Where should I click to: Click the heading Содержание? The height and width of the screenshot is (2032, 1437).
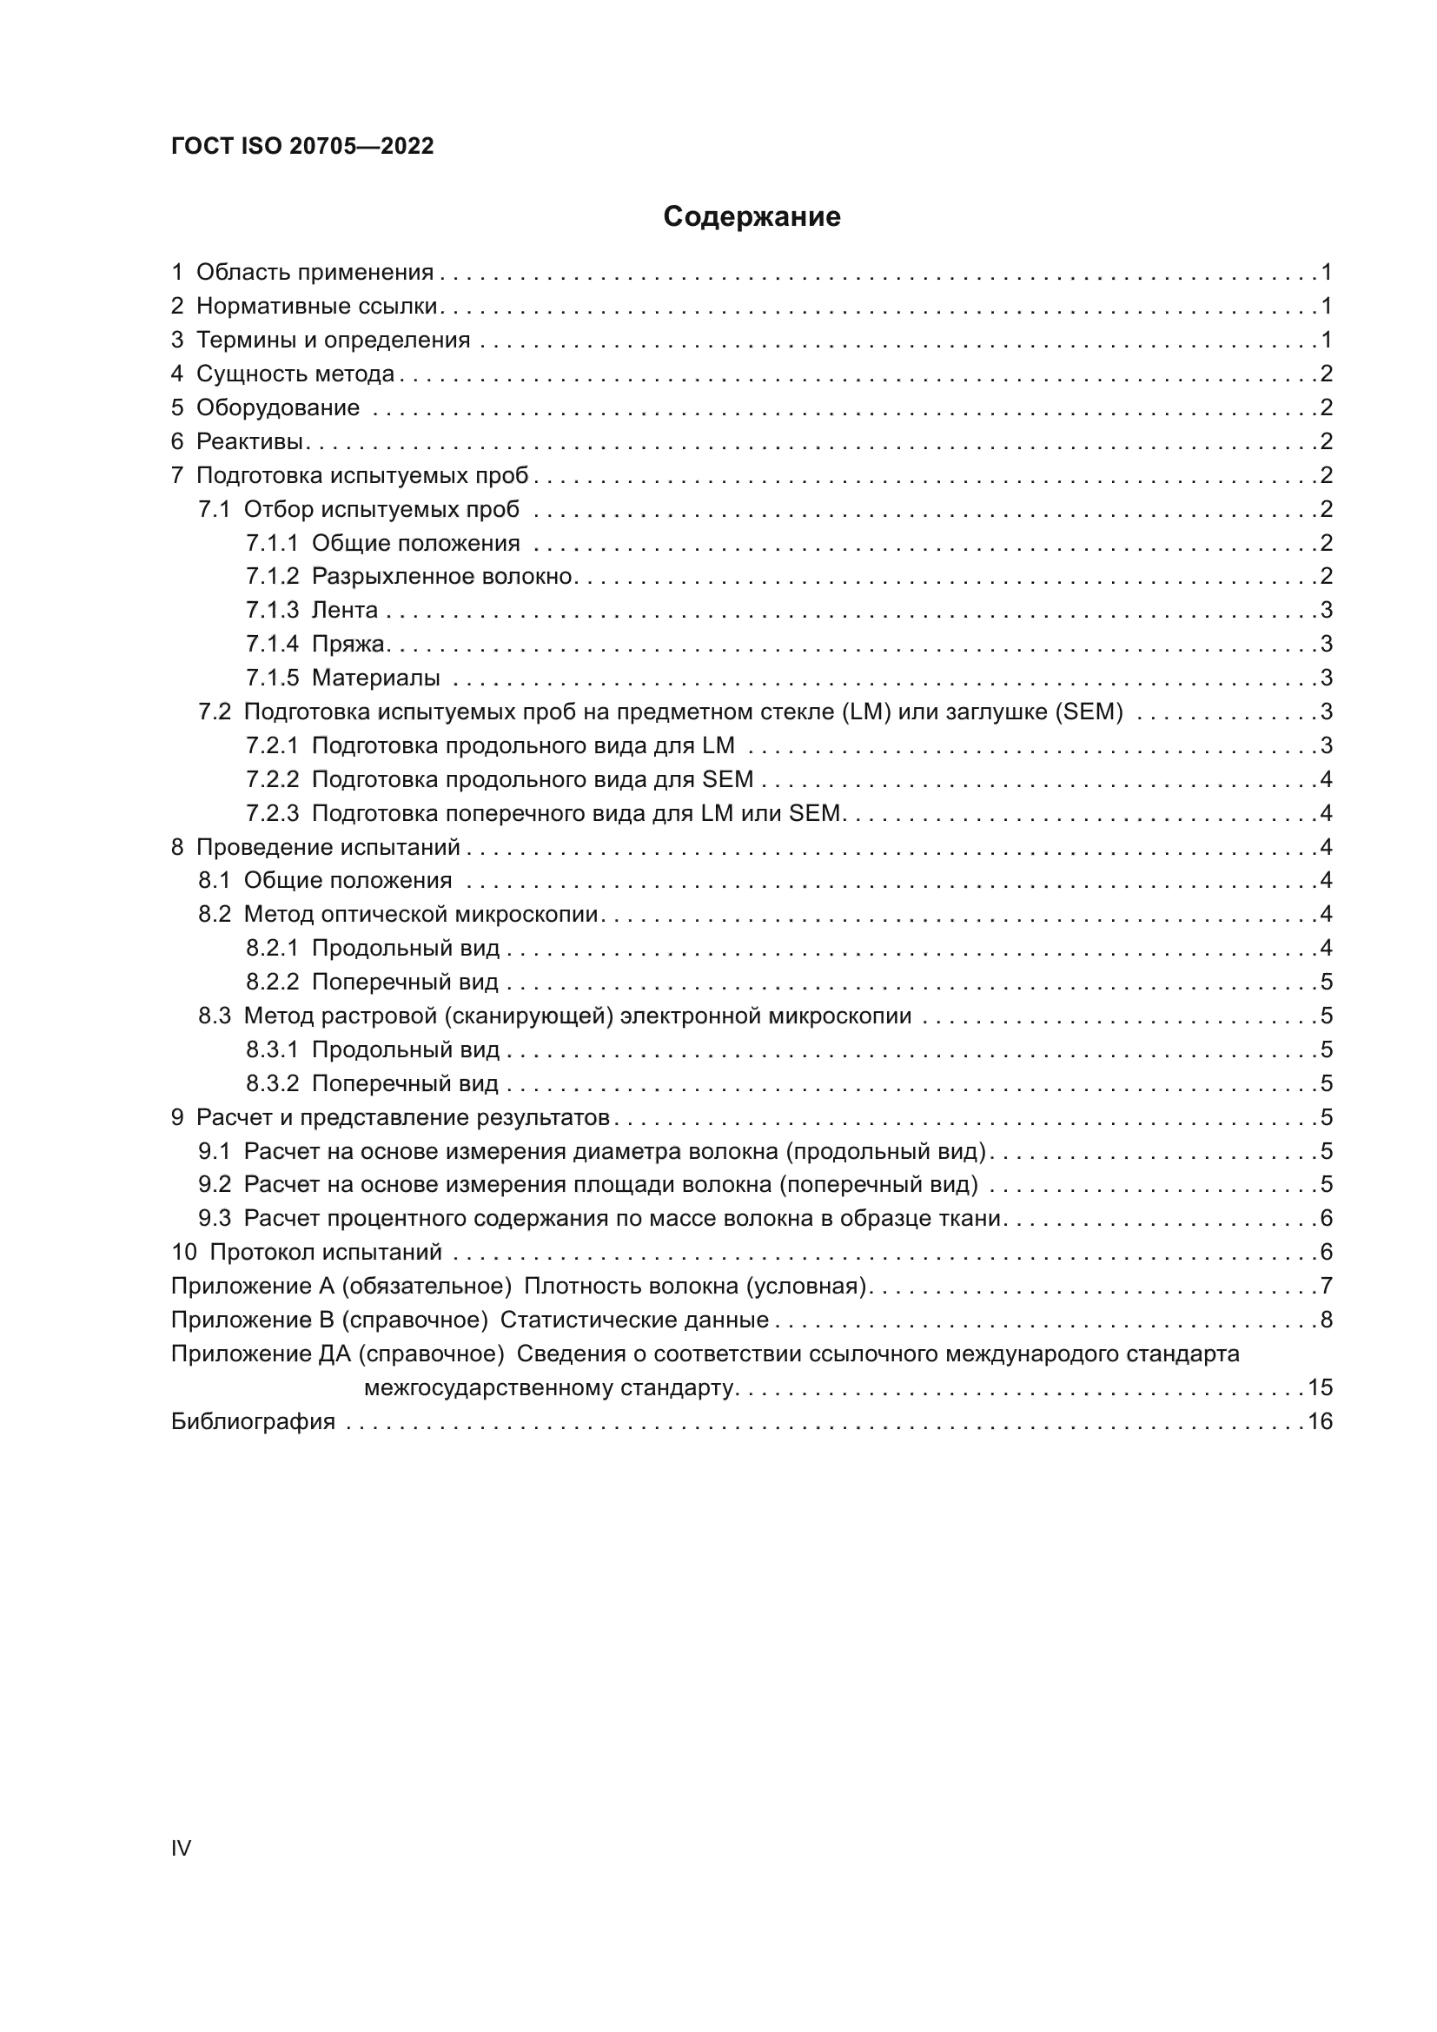pos(752,217)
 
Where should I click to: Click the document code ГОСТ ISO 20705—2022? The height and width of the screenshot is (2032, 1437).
pos(302,147)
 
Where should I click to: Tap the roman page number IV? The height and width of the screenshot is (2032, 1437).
pos(181,1848)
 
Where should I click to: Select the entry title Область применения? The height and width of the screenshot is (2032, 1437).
pos(315,273)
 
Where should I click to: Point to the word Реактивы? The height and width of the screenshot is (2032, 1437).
pos(249,441)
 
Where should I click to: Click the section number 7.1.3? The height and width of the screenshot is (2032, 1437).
pos(273,611)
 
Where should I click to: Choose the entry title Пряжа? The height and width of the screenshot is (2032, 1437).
pos(348,645)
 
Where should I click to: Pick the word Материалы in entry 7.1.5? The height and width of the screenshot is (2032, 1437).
pos(376,678)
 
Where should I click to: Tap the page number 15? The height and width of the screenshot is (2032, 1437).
pos(1320,1387)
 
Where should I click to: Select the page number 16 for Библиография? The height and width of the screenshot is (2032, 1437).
pos(1320,1421)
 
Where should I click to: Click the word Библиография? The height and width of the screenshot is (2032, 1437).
pos(253,1421)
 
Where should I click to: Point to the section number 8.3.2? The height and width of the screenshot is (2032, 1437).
pos(273,1083)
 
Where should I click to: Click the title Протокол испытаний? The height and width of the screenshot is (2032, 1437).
pos(326,1253)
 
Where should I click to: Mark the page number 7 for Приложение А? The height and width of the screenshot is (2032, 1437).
pos(1326,1286)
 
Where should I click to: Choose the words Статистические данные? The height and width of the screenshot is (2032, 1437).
pos(634,1320)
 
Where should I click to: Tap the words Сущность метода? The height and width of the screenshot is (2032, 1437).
pos(295,374)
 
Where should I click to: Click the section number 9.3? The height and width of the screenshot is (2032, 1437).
pos(214,1219)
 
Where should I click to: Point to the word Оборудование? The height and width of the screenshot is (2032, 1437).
pos(278,408)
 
